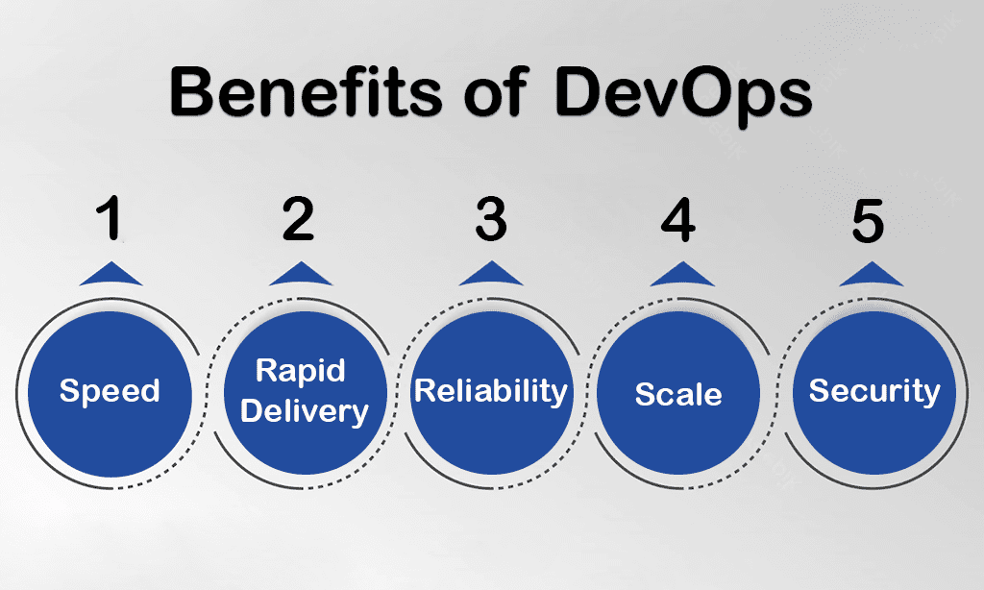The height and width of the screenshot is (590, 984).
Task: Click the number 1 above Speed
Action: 110,218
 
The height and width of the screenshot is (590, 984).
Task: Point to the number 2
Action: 298,218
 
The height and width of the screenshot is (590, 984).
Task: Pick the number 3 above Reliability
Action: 491,219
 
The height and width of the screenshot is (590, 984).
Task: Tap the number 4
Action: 678,219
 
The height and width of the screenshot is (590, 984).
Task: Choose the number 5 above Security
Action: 868,220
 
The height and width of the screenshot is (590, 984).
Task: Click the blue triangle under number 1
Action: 111,274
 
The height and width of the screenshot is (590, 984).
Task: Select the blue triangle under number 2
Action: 301,274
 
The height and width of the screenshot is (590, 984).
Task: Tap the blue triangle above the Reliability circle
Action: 491,274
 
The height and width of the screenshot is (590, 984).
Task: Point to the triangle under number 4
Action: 681,274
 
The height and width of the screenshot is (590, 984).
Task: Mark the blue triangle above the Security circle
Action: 872,274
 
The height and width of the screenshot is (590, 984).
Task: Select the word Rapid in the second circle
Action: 301,370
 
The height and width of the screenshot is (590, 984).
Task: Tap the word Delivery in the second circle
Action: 305,411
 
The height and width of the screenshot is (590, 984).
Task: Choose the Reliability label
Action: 491,392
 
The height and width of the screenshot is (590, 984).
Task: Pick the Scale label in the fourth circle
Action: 678,394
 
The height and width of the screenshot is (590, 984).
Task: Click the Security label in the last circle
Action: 874,392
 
